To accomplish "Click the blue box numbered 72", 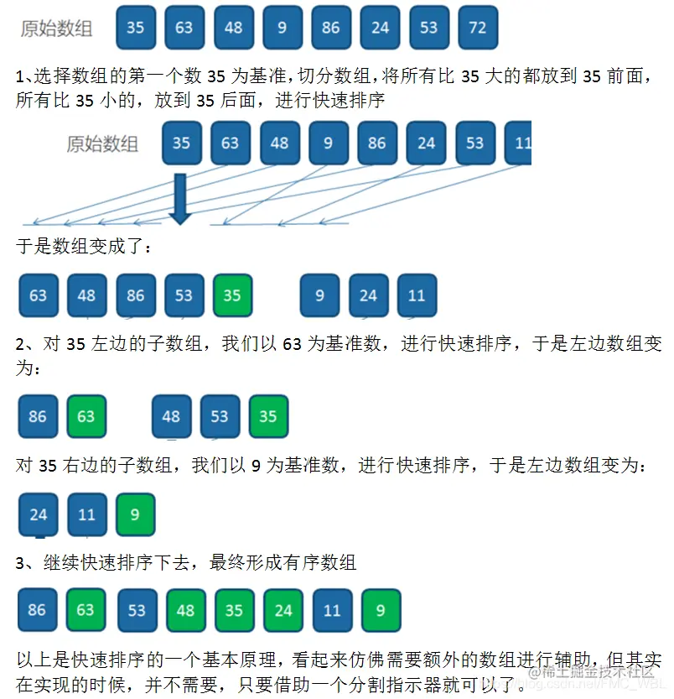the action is tap(478, 28).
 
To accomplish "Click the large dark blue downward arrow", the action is tap(180, 199).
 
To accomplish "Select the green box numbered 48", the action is tap(185, 609).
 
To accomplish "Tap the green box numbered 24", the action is tap(283, 609).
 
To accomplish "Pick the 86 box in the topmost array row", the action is tap(331, 28).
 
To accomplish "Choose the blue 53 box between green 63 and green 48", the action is tap(137, 609).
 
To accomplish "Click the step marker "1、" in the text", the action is tap(25, 77).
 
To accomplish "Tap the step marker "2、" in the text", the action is tap(25, 344).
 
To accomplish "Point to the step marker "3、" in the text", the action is tap(25, 562).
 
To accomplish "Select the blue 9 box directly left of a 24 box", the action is tap(319, 295).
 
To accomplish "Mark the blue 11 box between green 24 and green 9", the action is tap(332, 609).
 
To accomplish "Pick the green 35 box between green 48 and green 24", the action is tap(234, 609).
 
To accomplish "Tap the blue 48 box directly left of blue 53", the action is tap(171, 416).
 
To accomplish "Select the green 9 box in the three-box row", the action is tap(136, 514).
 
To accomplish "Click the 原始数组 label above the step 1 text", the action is tap(56, 29).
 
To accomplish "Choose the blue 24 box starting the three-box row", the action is tap(39, 514).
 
